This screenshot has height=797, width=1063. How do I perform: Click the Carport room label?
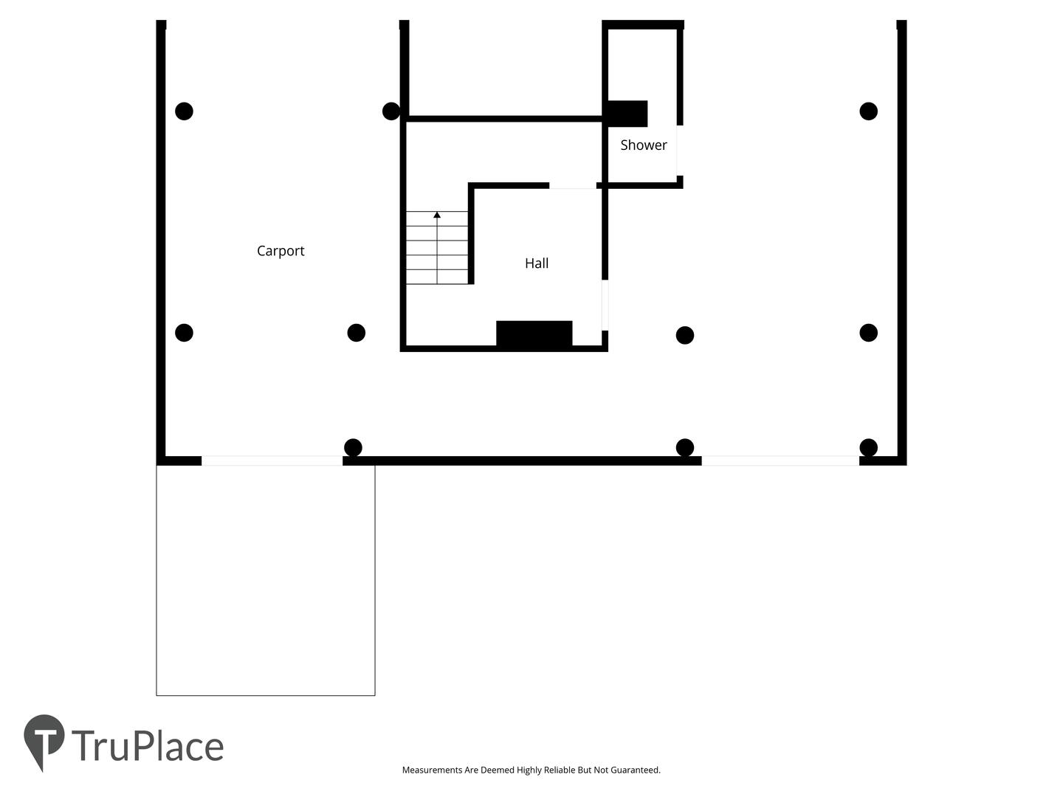point(281,251)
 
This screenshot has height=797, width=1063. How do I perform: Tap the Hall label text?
point(537,263)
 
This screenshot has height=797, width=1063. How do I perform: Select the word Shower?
point(644,145)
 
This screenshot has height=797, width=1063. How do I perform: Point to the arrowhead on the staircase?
point(437,214)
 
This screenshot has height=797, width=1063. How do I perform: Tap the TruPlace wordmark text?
point(148,746)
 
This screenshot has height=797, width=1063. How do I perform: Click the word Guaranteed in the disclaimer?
point(635,770)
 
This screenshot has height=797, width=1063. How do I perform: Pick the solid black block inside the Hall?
point(534,334)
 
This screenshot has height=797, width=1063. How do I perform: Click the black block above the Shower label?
point(627,114)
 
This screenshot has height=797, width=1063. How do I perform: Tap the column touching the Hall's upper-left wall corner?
point(391,111)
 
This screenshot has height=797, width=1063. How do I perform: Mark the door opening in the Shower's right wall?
point(680,151)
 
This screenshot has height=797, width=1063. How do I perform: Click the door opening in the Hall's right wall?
point(605,306)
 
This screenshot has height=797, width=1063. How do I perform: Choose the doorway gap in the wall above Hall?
point(572,185)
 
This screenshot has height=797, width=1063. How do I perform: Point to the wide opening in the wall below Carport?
point(272,460)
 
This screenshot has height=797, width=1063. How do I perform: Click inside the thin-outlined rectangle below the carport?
point(266,581)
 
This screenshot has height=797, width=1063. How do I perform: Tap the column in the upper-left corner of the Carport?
point(184,111)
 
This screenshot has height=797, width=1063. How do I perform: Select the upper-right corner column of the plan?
point(868,111)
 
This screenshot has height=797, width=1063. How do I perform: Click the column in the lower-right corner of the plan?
point(868,448)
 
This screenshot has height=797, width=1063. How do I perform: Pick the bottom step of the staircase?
point(437,277)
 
